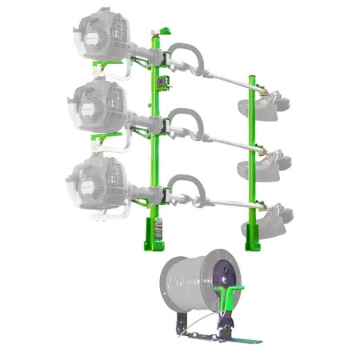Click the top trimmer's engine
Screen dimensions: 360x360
[102, 36]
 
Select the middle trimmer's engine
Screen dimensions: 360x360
[100, 103]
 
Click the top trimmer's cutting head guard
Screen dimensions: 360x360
[265, 106]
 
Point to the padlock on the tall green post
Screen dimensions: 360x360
[163, 82]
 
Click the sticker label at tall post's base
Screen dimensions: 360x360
[158, 227]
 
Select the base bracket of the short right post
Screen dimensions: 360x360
[253, 239]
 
